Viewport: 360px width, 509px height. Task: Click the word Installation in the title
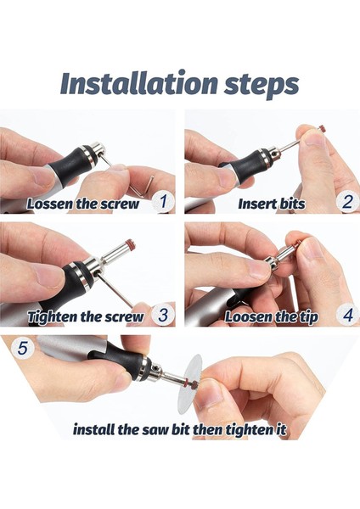(x=138, y=83)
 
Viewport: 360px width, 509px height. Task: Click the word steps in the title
(x=262, y=86)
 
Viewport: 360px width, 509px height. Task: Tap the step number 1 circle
(x=163, y=202)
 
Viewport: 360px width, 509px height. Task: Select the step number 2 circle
(x=347, y=202)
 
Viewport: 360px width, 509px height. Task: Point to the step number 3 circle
(x=163, y=315)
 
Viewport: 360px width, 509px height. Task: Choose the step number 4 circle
(x=347, y=315)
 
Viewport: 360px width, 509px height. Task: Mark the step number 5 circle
(x=22, y=349)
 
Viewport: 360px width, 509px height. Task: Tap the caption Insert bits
(x=272, y=204)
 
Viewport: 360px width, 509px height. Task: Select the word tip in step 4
(x=308, y=317)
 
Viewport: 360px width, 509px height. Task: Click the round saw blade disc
(x=189, y=384)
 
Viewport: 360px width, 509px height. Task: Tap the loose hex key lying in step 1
(x=143, y=186)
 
